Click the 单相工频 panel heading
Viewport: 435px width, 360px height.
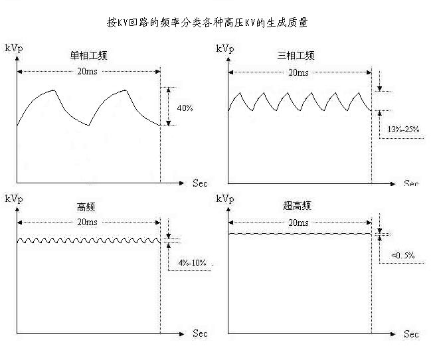point(88,56)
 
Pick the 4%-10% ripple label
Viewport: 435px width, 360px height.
point(194,263)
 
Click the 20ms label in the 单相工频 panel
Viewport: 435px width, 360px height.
point(87,72)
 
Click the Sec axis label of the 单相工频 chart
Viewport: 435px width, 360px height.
point(200,183)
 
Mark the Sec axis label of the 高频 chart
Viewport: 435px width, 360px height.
point(200,333)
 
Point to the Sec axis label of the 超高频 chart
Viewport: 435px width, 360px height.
point(411,333)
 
